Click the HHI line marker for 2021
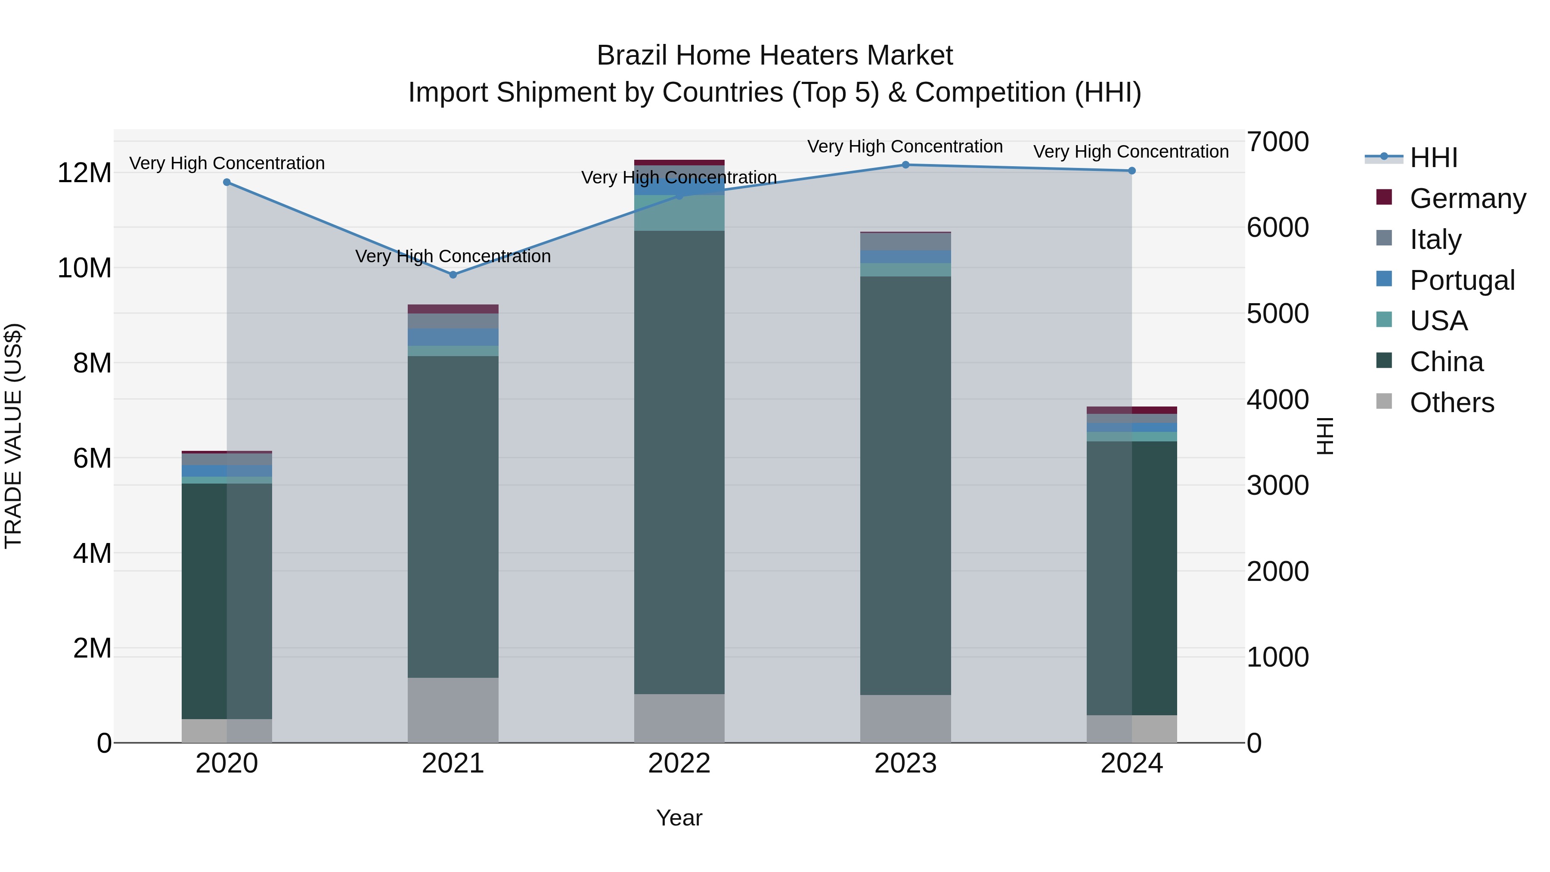[453, 274]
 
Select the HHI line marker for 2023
[905, 165]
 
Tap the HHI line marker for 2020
[227, 182]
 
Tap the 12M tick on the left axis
[84, 173]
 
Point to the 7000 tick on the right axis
[1277, 142]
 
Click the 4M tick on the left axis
[91, 553]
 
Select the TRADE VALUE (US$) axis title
[13, 436]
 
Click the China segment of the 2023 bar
[905, 485]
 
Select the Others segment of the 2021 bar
[453, 710]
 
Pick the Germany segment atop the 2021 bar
[453, 309]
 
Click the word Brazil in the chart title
[632, 56]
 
